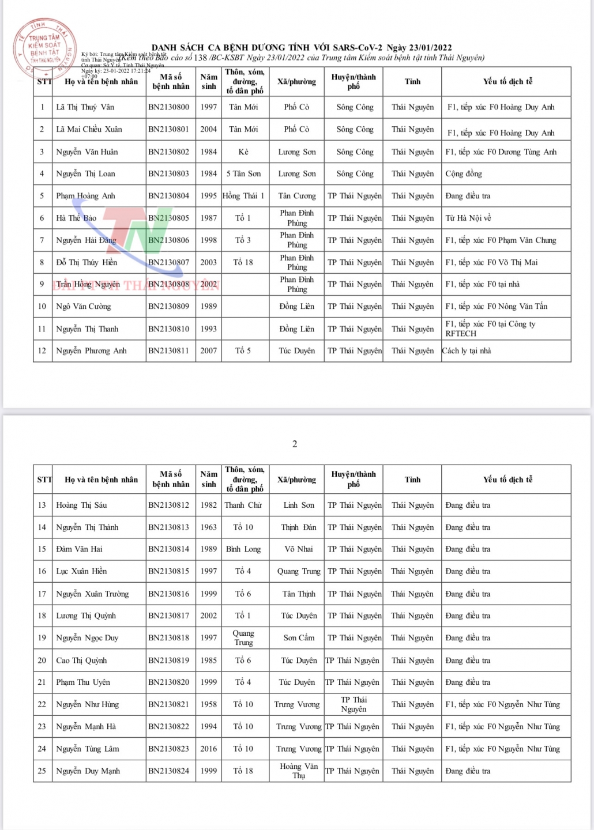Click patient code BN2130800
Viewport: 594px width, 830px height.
[168, 107]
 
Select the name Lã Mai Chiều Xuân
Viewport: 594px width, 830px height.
[89, 130]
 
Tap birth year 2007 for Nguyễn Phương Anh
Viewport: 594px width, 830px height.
[209, 350]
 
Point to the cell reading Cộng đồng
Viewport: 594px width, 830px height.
[464, 173]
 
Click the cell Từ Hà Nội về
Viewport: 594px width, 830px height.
[468, 218]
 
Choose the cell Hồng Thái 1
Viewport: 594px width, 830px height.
[243, 196]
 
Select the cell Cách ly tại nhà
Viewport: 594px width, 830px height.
[467, 350]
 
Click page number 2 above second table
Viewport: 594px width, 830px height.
[295, 444]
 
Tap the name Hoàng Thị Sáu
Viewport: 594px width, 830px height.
[81, 505]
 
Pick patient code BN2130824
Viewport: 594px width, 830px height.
[168, 771]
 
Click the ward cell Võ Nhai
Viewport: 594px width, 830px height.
[298, 549]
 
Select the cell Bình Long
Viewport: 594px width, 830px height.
[243, 549]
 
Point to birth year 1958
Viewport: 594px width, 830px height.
[209, 704]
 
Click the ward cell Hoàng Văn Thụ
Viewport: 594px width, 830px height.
[298, 771]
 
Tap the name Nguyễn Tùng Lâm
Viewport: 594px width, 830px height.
[88, 749]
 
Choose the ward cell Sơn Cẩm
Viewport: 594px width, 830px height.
[299, 638]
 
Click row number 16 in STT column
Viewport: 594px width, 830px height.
[42, 571]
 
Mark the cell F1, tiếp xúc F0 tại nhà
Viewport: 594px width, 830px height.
[483, 284]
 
